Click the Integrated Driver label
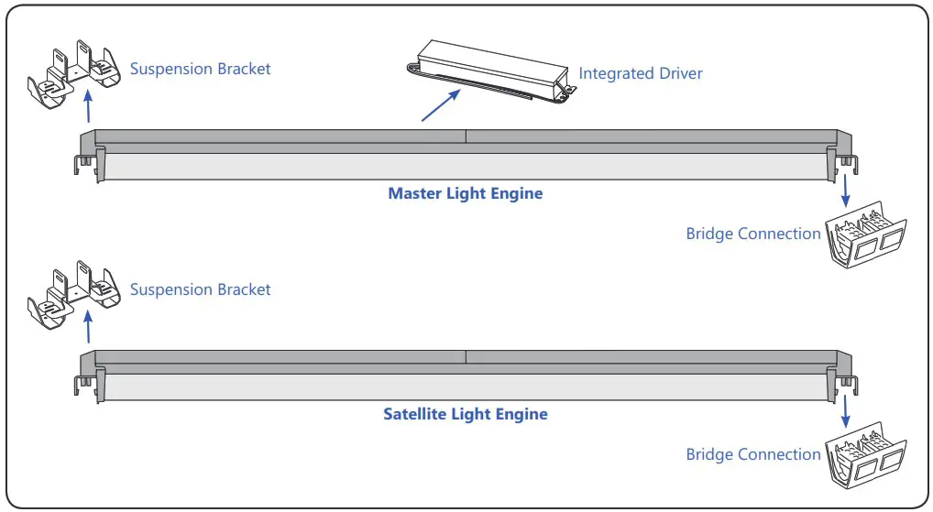640,72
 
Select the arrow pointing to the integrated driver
440,105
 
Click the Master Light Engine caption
465,193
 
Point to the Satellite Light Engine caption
465,414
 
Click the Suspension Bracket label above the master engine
200,69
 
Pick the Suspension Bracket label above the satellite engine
200,289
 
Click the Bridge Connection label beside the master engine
753,234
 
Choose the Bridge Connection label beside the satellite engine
753,454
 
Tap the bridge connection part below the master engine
865,236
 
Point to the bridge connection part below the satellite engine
865,457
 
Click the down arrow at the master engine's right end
845,191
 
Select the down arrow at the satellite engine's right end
845,411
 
